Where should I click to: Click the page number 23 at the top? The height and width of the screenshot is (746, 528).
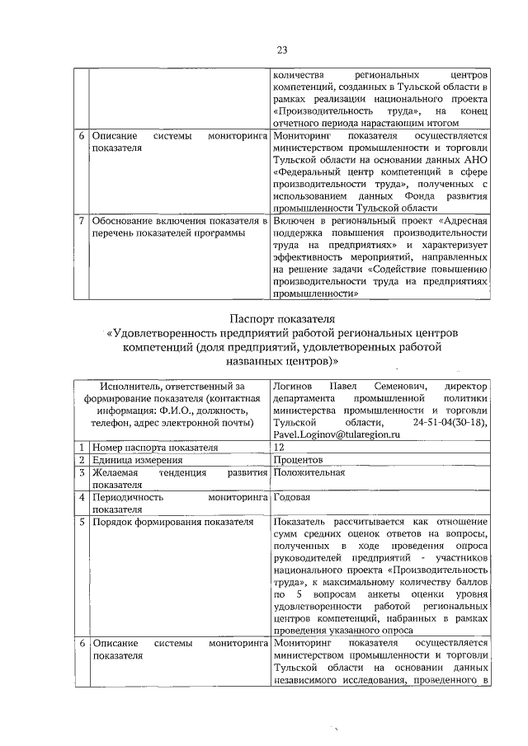(281, 50)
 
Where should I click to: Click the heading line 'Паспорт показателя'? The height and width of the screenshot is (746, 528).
(280, 317)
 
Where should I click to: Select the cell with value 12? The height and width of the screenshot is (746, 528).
(280, 447)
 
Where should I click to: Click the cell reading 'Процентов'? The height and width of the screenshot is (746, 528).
(299, 459)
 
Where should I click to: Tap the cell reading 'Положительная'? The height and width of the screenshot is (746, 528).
(309, 472)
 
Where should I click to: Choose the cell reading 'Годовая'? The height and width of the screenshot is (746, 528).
(291, 498)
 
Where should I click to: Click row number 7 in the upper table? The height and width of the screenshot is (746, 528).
(80, 222)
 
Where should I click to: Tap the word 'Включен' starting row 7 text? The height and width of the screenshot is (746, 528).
(295, 222)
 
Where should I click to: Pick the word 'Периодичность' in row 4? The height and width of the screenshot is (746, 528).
(128, 498)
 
